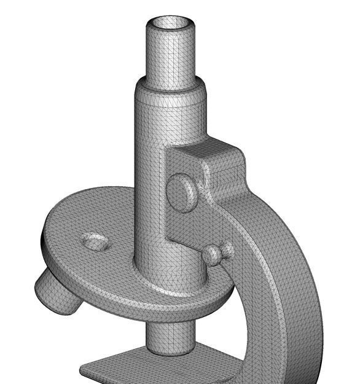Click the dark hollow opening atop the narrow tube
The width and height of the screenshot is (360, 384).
click(170, 23)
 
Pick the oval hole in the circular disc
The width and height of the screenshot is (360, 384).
click(95, 241)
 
